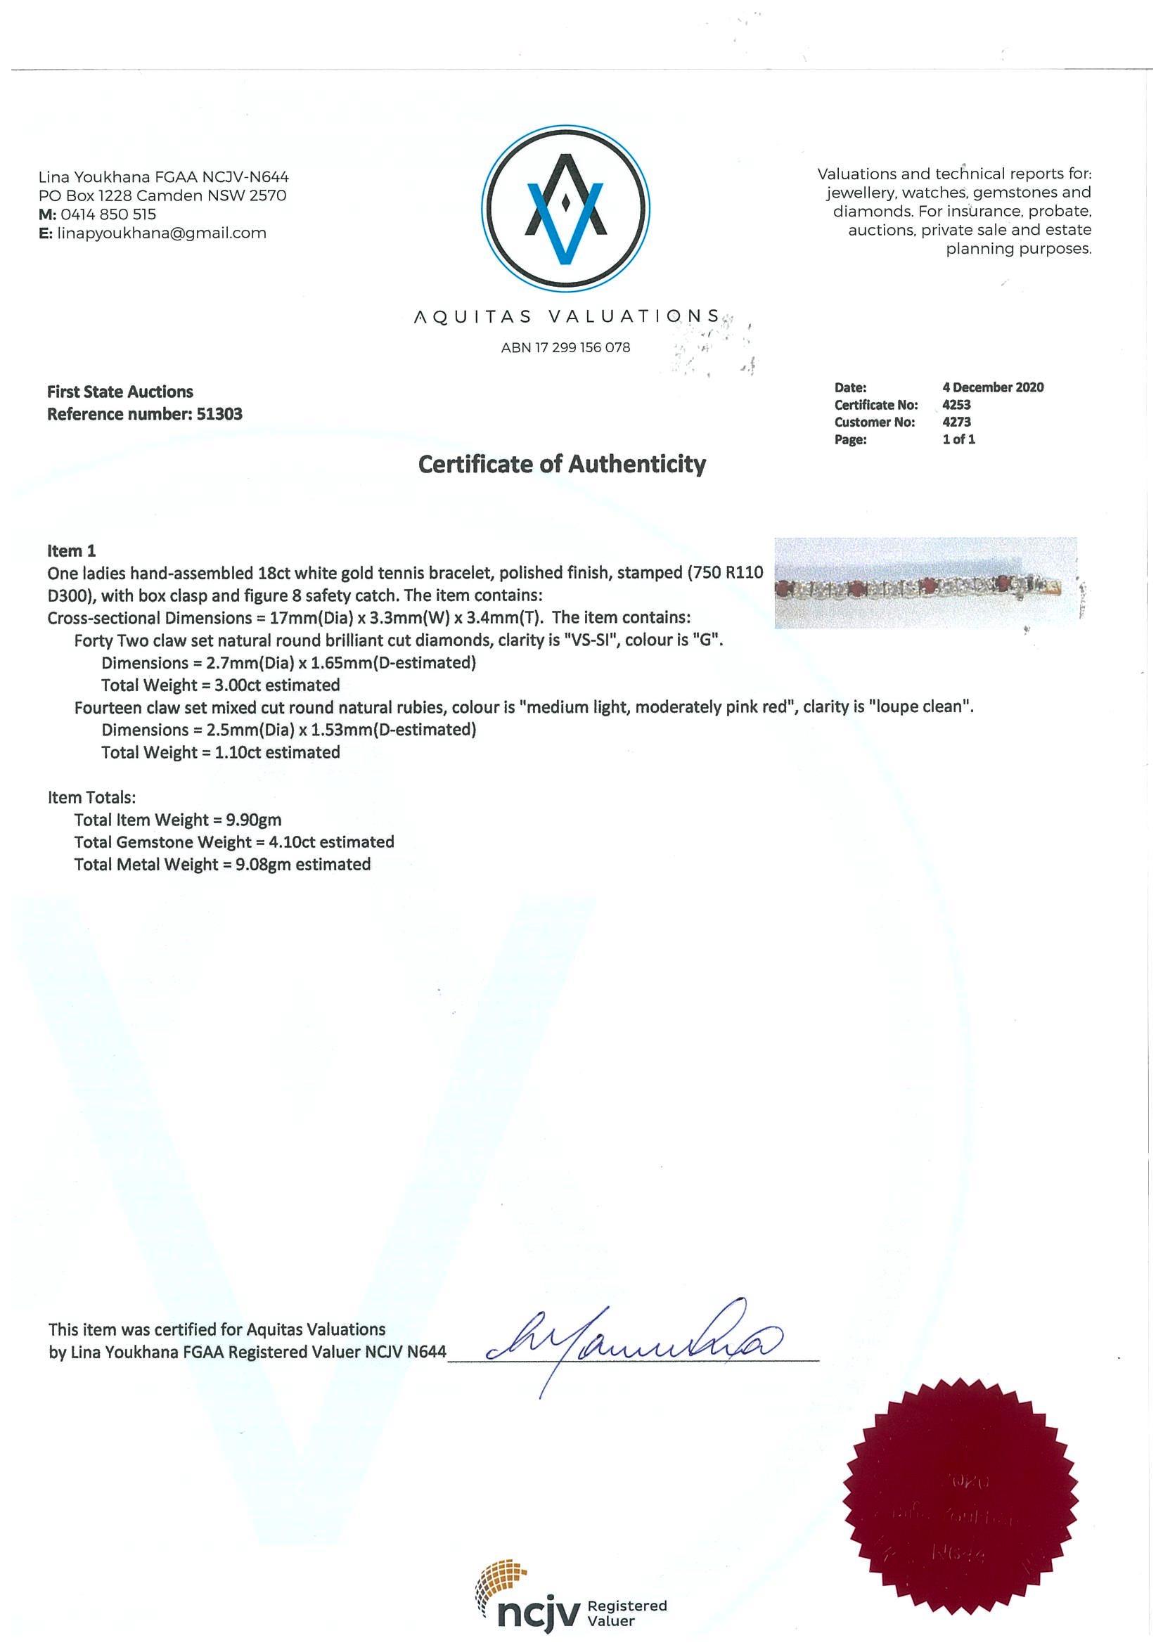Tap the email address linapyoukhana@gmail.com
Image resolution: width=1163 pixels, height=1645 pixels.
coord(161,233)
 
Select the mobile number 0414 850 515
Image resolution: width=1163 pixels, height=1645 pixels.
coord(107,214)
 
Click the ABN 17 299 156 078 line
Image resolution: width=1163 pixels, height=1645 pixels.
coord(565,347)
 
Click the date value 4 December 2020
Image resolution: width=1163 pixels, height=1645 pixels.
coord(992,387)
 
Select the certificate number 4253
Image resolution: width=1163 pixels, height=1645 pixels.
coord(956,405)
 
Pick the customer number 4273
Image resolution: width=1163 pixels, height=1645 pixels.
coord(956,422)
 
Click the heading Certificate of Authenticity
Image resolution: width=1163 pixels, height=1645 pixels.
coord(562,464)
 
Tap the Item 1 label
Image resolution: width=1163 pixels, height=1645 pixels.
coord(71,550)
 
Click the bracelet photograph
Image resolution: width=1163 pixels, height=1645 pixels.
coord(926,583)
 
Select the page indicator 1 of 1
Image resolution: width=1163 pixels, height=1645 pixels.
coord(958,439)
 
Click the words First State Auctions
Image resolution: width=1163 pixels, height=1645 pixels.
coord(120,392)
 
